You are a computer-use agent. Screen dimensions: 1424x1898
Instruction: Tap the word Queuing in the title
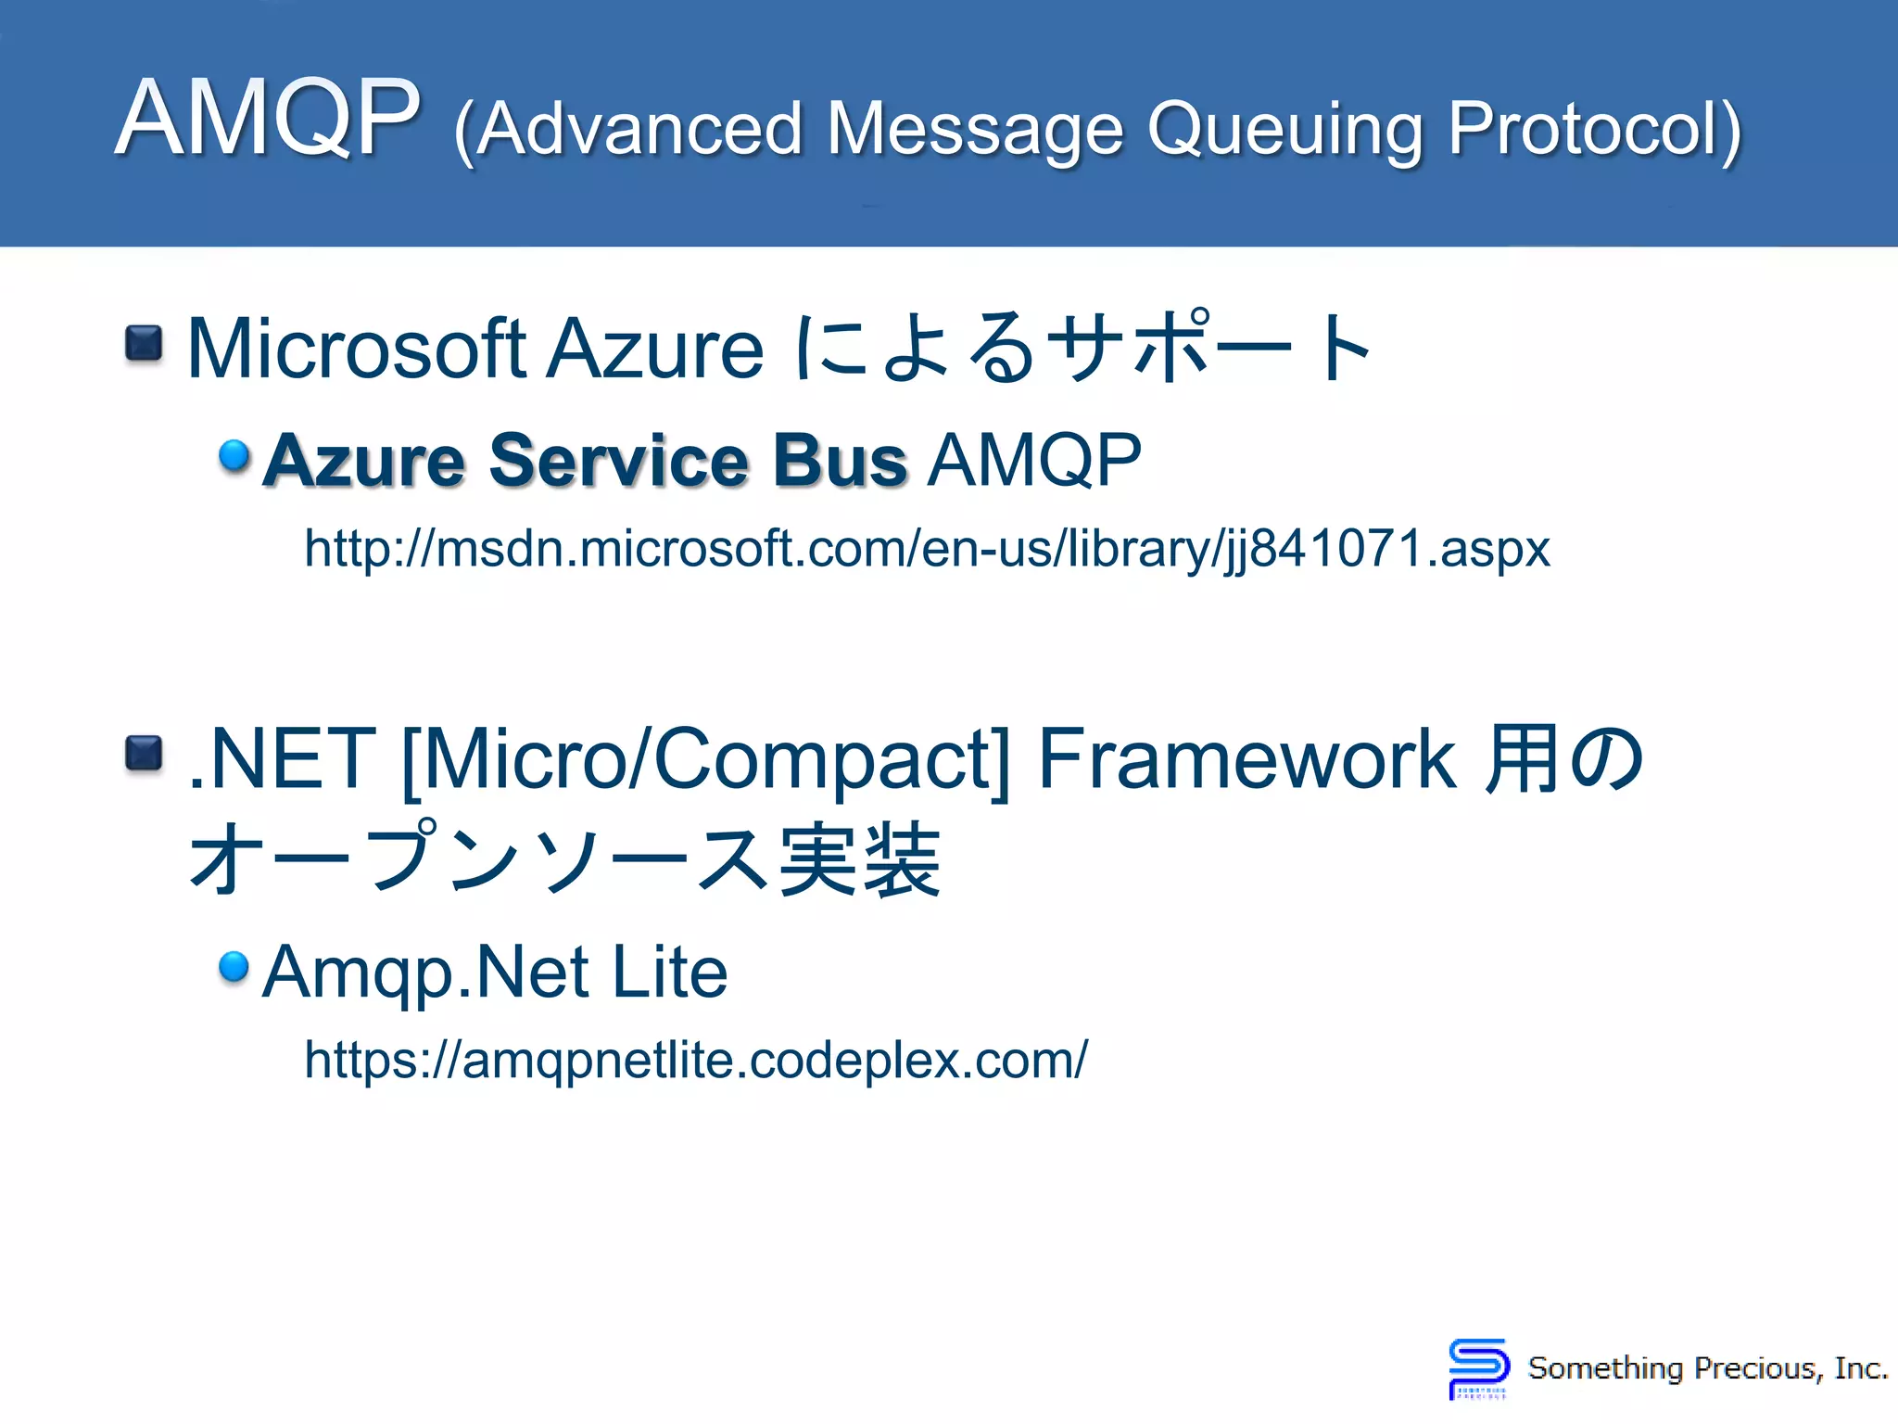click(1284, 130)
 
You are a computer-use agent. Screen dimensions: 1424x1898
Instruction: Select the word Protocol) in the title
click(1594, 130)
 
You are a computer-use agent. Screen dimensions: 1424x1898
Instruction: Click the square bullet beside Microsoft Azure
click(144, 344)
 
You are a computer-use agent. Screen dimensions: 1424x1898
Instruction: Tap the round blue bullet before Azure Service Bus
click(234, 455)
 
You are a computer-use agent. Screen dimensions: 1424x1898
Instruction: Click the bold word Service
click(618, 460)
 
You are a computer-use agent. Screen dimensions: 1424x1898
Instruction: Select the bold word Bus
click(839, 460)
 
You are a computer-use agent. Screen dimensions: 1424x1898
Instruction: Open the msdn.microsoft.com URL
click(927, 549)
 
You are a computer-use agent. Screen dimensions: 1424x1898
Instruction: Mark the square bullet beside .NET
click(144, 754)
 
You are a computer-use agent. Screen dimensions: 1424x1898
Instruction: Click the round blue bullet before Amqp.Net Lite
click(234, 967)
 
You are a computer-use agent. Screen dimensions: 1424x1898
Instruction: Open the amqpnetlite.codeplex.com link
click(695, 1060)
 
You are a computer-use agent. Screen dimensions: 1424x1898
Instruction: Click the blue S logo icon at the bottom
click(1477, 1367)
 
